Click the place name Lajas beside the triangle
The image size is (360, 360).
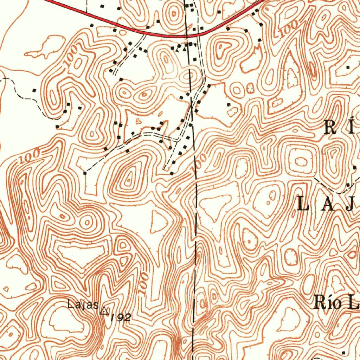83,304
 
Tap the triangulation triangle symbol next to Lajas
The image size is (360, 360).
104,310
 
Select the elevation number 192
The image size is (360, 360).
121,318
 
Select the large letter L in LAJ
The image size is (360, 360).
303,204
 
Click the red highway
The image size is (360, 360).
105,21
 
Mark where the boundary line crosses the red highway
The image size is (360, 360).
187,36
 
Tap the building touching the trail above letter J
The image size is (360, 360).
348,185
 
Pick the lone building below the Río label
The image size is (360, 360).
343,352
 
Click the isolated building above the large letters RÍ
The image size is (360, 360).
348,66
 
